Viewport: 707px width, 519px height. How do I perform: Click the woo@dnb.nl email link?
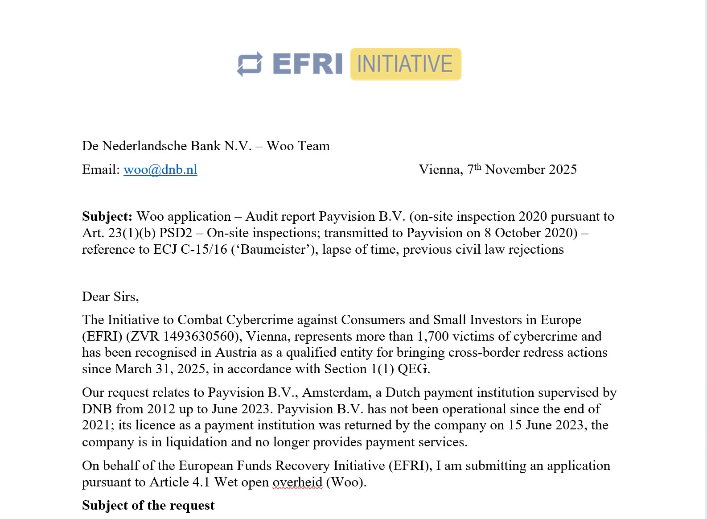pyautogui.click(x=160, y=170)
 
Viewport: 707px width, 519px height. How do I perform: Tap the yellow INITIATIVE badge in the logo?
pyautogui.click(x=405, y=64)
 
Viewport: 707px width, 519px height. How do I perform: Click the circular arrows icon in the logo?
pyautogui.click(x=250, y=64)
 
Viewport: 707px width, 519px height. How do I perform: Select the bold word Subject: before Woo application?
pyautogui.click(x=107, y=217)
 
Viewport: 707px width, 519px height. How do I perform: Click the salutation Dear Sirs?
pyautogui.click(x=110, y=297)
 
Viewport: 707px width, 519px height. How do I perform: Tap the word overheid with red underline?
pyautogui.click(x=297, y=482)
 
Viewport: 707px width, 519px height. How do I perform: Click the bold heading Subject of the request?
pyautogui.click(x=148, y=506)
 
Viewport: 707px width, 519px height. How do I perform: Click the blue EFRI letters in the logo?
pyautogui.click(x=307, y=64)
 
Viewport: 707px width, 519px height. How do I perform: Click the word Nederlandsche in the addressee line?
pyautogui.click(x=144, y=146)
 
